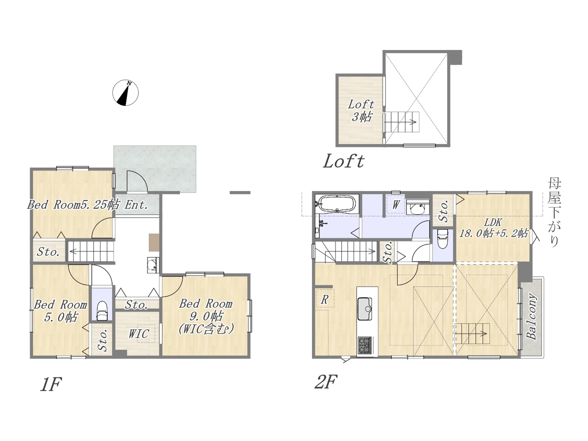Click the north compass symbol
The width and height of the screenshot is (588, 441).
click(125, 93)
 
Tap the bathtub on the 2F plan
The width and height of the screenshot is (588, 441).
click(337, 204)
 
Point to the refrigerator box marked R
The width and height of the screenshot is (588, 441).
click(325, 300)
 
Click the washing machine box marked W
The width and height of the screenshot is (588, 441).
click(396, 205)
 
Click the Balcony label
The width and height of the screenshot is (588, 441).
click(531, 317)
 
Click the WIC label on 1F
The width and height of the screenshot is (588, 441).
click(139, 334)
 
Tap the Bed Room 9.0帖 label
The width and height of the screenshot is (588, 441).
click(206, 316)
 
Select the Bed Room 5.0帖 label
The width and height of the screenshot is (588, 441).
click(60, 311)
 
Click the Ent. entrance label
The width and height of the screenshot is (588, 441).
click(136, 205)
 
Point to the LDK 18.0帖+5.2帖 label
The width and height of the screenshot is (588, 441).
click(494, 228)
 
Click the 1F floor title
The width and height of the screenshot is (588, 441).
click(51, 384)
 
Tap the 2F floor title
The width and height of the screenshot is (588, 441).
click(326, 382)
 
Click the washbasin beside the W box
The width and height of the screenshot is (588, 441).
click(418, 207)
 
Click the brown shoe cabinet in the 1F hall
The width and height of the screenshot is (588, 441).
click(154, 243)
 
